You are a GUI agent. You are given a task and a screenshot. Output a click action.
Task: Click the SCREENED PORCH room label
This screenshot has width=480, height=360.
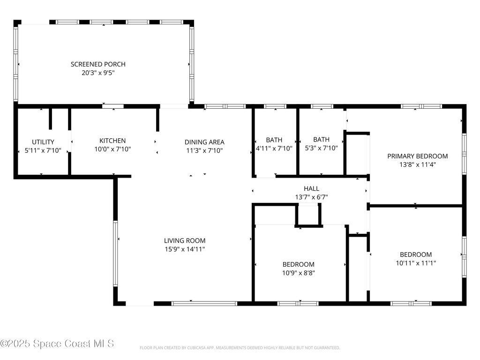click(98, 64)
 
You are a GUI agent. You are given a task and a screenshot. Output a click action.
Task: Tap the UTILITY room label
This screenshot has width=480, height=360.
click(43, 142)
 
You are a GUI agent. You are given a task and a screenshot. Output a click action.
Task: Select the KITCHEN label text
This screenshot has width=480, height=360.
click(112, 141)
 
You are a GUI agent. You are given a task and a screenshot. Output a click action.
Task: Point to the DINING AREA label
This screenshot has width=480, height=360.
click(204, 142)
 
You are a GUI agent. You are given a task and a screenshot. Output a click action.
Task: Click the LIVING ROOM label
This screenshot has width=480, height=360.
click(185, 240)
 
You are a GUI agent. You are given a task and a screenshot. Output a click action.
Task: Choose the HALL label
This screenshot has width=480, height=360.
click(311, 188)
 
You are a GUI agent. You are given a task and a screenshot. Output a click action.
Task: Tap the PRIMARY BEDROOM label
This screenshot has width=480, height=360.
click(418, 156)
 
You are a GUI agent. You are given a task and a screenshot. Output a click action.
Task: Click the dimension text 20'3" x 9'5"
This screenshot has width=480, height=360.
click(98, 73)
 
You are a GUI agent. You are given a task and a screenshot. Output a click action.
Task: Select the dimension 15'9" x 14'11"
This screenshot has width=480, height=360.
click(185, 249)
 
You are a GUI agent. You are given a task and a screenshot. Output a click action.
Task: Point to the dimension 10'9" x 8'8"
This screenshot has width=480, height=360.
click(299, 273)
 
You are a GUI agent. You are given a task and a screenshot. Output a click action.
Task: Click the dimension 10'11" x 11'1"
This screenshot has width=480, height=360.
click(416, 263)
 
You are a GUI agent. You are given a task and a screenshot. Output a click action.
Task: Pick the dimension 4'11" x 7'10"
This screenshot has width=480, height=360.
click(274, 149)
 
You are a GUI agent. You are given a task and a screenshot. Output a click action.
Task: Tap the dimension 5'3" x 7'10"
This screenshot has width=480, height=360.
click(321, 148)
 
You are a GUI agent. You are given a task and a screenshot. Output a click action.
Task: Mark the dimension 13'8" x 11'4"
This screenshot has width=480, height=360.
click(418, 165)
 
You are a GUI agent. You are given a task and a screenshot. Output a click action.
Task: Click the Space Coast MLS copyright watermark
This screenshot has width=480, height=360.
click(57, 344)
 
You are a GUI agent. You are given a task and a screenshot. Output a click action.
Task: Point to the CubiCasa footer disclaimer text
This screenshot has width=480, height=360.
click(240, 348)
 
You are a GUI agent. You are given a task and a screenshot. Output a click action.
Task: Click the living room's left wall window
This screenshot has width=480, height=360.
click(115, 254)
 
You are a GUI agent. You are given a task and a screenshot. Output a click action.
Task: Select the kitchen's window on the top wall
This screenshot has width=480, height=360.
click(112, 106)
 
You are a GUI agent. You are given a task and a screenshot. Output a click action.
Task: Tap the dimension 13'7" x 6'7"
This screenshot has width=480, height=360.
click(311, 197)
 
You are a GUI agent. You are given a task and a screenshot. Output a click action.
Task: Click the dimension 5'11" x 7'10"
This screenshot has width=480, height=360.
click(43, 150)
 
